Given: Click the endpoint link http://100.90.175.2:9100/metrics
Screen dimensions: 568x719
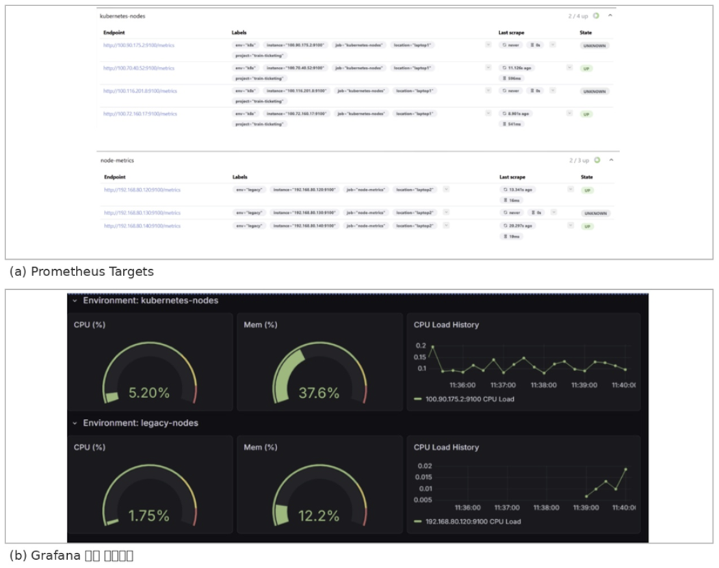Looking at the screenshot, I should pos(139,45).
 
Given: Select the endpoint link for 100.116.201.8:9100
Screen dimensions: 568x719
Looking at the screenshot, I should pos(140,91).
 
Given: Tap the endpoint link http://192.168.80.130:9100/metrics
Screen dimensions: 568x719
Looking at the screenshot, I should pos(142,213).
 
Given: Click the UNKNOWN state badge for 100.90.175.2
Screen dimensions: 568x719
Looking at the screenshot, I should pos(595,46).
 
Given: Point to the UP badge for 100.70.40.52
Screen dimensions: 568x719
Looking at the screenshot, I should pos(586,68).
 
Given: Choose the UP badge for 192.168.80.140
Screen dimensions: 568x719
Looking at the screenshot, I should pos(587,226).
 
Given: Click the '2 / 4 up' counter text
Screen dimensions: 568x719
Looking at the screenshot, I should pos(579,16).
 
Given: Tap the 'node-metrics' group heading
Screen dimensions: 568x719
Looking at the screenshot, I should pos(117,161).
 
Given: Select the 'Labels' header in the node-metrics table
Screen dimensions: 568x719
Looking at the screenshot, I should pos(240,177).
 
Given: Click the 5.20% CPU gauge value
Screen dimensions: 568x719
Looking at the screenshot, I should pos(148,393).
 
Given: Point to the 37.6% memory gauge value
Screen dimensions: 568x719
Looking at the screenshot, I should pos(319,393).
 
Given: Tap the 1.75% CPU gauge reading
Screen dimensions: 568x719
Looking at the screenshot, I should pos(148,516).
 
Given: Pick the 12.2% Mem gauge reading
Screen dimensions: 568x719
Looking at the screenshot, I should pos(319,516).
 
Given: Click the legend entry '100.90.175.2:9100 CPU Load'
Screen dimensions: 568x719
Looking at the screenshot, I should pos(469,399).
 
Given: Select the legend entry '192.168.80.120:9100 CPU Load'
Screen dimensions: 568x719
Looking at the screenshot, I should pos(473,522).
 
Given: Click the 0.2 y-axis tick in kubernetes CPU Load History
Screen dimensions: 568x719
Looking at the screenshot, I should pos(420,346).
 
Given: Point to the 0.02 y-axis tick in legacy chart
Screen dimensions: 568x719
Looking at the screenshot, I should pos(423,465).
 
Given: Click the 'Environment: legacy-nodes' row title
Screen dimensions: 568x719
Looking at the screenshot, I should pos(140,423).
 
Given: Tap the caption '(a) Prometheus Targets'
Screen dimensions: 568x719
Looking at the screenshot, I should pos(81,271).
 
